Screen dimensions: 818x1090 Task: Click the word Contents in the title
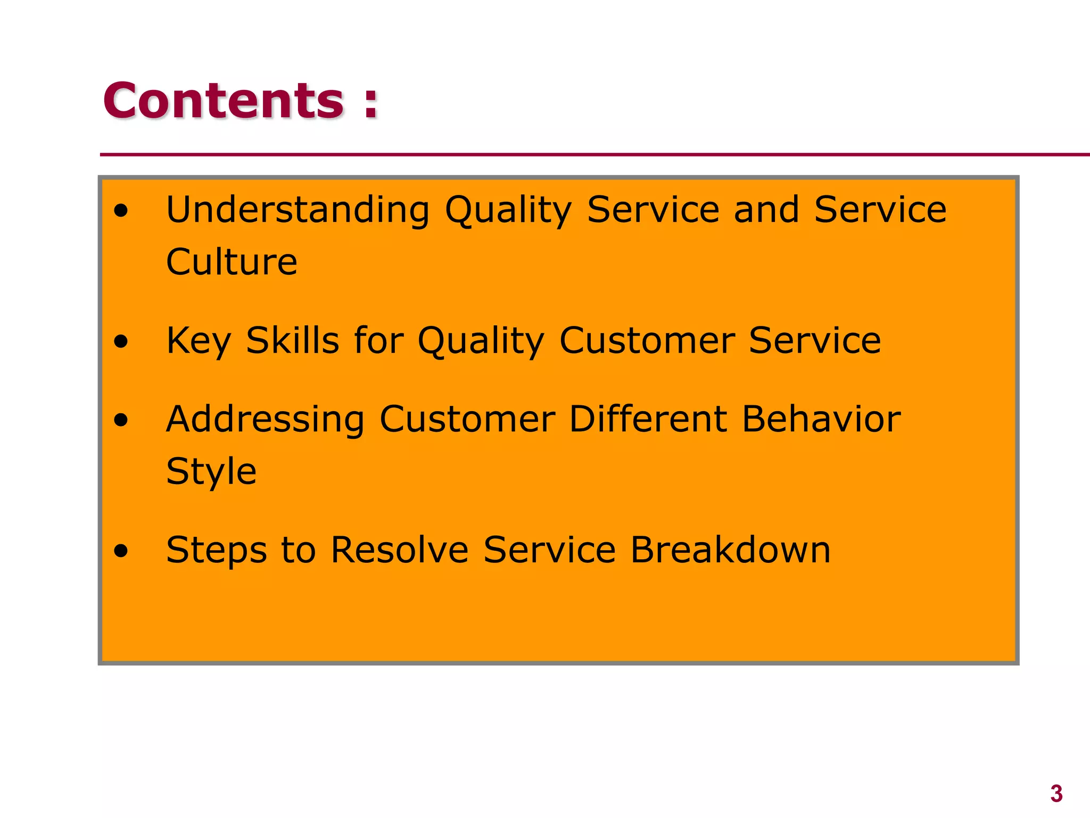point(224,101)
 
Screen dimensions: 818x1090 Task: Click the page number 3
point(1056,794)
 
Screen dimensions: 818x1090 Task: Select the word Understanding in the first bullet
point(298,209)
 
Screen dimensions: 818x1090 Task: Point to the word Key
point(199,341)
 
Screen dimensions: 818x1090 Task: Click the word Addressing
point(265,420)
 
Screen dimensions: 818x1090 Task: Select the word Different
point(648,419)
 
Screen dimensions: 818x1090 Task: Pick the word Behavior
point(821,419)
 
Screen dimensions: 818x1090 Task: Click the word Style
point(211,472)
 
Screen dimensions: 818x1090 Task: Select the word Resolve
point(400,550)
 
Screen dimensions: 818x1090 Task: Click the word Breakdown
point(730,550)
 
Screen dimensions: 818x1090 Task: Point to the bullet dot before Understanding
point(121,211)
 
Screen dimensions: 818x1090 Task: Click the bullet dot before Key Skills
point(121,341)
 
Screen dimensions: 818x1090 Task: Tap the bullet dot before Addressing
point(121,420)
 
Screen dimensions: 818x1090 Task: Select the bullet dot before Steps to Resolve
point(121,551)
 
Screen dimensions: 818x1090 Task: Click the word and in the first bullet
point(766,209)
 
